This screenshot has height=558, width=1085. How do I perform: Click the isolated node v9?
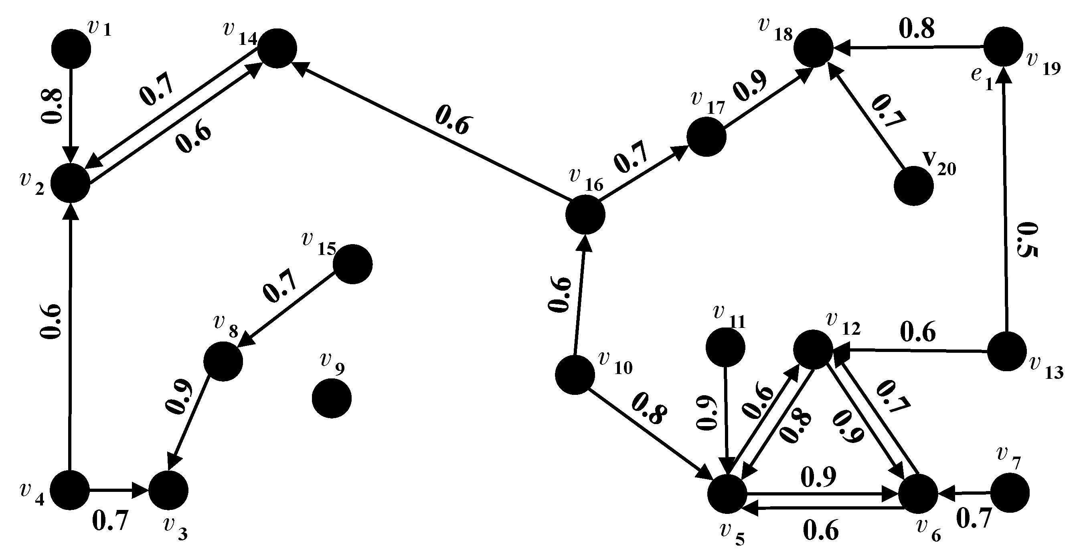pos(332,398)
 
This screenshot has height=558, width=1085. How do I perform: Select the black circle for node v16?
pos(585,214)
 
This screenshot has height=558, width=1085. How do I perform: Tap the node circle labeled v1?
pos(71,49)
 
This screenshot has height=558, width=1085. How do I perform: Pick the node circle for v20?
pos(913,186)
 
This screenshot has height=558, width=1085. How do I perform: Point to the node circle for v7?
pos(1010,492)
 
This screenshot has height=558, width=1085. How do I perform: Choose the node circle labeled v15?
pos(352,264)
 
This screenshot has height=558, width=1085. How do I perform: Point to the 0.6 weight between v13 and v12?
pos(918,333)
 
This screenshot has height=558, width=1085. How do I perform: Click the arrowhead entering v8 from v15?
pos(245,340)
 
